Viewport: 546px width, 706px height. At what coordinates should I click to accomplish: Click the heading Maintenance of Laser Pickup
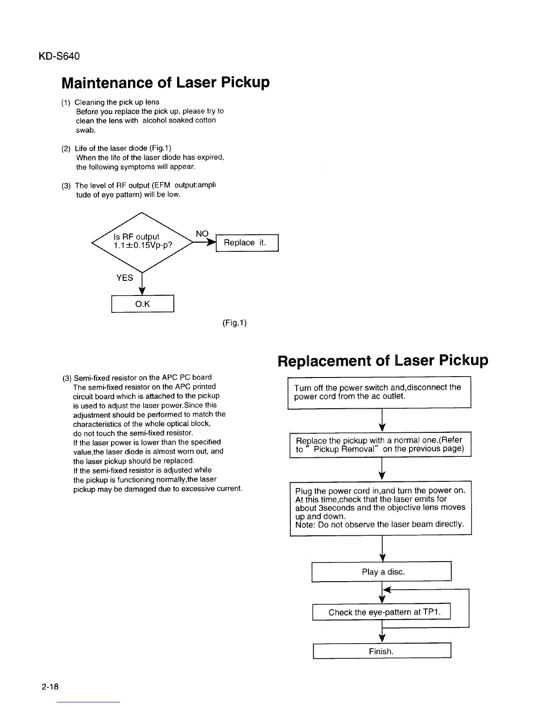pyautogui.click(x=165, y=82)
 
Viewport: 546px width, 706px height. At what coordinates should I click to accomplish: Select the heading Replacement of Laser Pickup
pyautogui.click(x=382, y=360)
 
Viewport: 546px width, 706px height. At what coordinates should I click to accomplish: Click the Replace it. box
pyautogui.click(x=247, y=243)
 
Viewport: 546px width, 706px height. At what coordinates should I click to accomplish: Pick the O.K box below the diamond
pyautogui.click(x=142, y=304)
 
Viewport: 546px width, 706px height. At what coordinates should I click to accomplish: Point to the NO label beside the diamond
pyautogui.click(x=202, y=234)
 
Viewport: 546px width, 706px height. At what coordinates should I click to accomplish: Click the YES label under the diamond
pyautogui.click(x=124, y=278)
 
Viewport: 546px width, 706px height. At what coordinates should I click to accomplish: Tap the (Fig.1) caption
pyautogui.click(x=234, y=322)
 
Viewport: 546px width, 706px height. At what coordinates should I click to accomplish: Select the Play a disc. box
pyautogui.click(x=382, y=572)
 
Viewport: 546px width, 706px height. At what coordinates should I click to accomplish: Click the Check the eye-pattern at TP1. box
pyautogui.click(x=382, y=612)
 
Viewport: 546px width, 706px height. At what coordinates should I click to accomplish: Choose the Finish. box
pyautogui.click(x=382, y=651)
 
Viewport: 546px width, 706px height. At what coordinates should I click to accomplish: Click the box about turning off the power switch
pyautogui.click(x=379, y=392)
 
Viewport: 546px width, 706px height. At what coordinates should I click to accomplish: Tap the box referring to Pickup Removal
pyautogui.click(x=380, y=444)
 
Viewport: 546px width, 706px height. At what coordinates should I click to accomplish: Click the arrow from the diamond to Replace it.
pyautogui.click(x=206, y=242)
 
